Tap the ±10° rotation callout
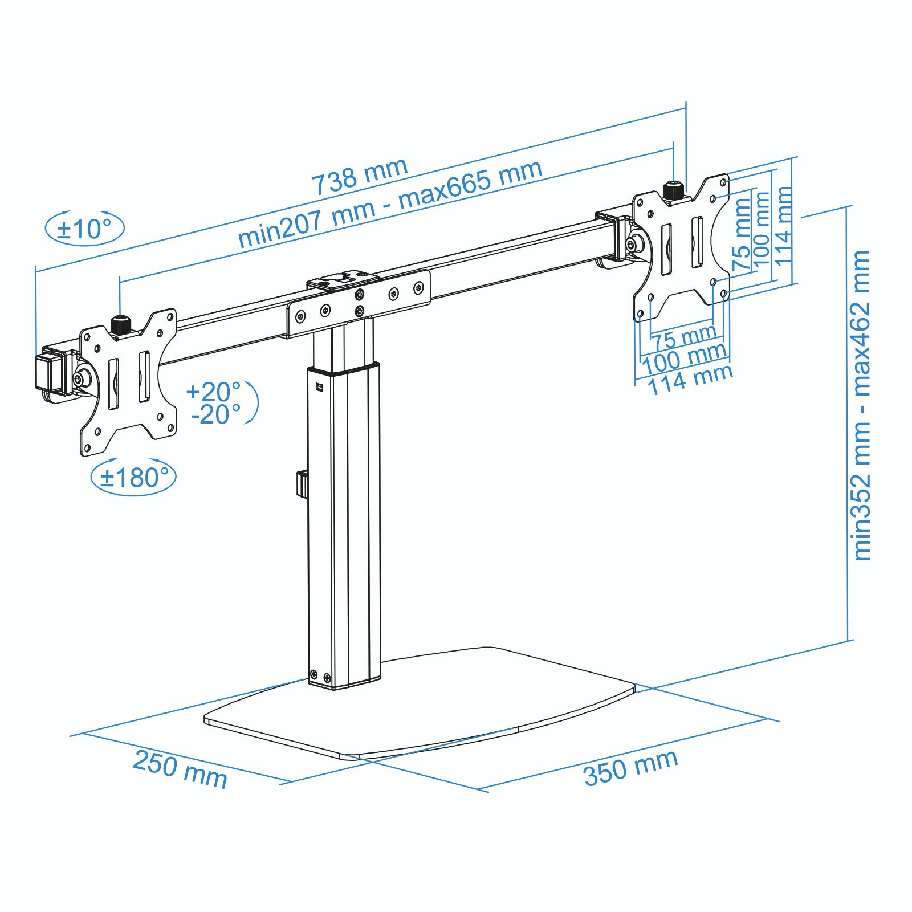pyautogui.click(x=85, y=229)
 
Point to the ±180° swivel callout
pyautogui.click(x=134, y=477)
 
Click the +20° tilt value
pyautogui.click(x=213, y=392)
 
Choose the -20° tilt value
pyautogui.click(x=215, y=414)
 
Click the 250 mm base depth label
pyautogui.click(x=180, y=769)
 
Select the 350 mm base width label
pyautogui.click(x=630, y=767)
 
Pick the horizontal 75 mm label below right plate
pyautogui.click(x=685, y=337)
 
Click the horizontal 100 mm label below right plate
pyautogui.click(x=684, y=359)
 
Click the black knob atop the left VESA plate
pyautogui.click(x=120, y=325)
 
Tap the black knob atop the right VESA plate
pyautogui.click(x=674, y=190)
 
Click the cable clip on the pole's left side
pyautogui.click(x=302, y=483)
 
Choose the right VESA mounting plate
pyautogui.click(x=681, y=248)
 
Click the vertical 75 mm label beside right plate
pyautogui.click(x=742, y=234)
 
